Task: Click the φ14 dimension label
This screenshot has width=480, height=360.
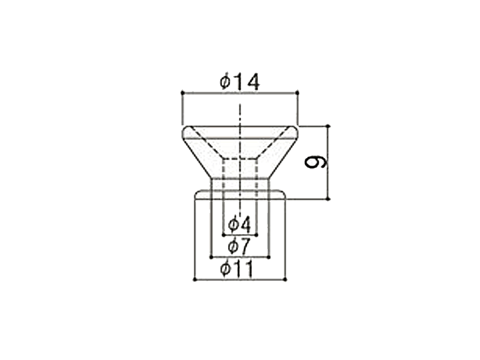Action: [239, 82]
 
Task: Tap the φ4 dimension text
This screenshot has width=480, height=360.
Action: [240, 224]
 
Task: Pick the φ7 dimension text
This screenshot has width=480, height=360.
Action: [240, 246]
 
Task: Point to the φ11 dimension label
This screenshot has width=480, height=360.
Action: [240, 269]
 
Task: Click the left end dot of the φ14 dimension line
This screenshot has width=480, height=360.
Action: [181, 92]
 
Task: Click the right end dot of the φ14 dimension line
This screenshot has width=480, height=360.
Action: [298, 92]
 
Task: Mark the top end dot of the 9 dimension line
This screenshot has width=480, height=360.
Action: [328, 126]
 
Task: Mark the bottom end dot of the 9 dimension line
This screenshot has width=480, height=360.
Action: [328, 199]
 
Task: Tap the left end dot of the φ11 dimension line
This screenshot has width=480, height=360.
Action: [195, 279]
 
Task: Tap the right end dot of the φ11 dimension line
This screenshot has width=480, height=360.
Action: [285, 279]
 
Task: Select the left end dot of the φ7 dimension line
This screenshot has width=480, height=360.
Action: [211, 257]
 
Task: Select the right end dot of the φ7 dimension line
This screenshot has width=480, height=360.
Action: [269, 257]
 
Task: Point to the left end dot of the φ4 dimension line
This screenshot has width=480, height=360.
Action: [223, 235]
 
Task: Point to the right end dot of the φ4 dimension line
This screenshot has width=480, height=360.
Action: [256, 235]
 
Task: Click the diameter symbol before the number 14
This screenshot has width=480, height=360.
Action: [224, 82]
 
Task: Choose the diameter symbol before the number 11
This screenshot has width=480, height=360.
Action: [226, 269]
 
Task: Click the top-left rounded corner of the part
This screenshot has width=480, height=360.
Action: [184, 130]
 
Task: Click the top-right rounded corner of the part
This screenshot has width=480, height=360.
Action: [295, 130]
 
